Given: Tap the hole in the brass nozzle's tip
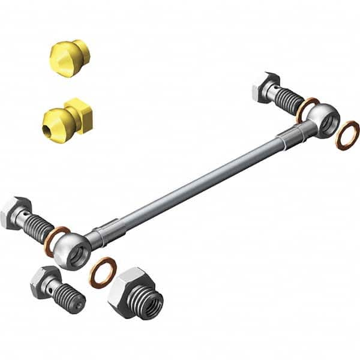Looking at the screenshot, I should tap(47, 128).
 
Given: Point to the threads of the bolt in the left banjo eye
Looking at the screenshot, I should tap(38, 227).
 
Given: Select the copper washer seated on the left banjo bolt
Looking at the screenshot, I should tap(56, 239).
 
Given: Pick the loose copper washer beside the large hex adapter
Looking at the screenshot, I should tap(103, 272).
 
